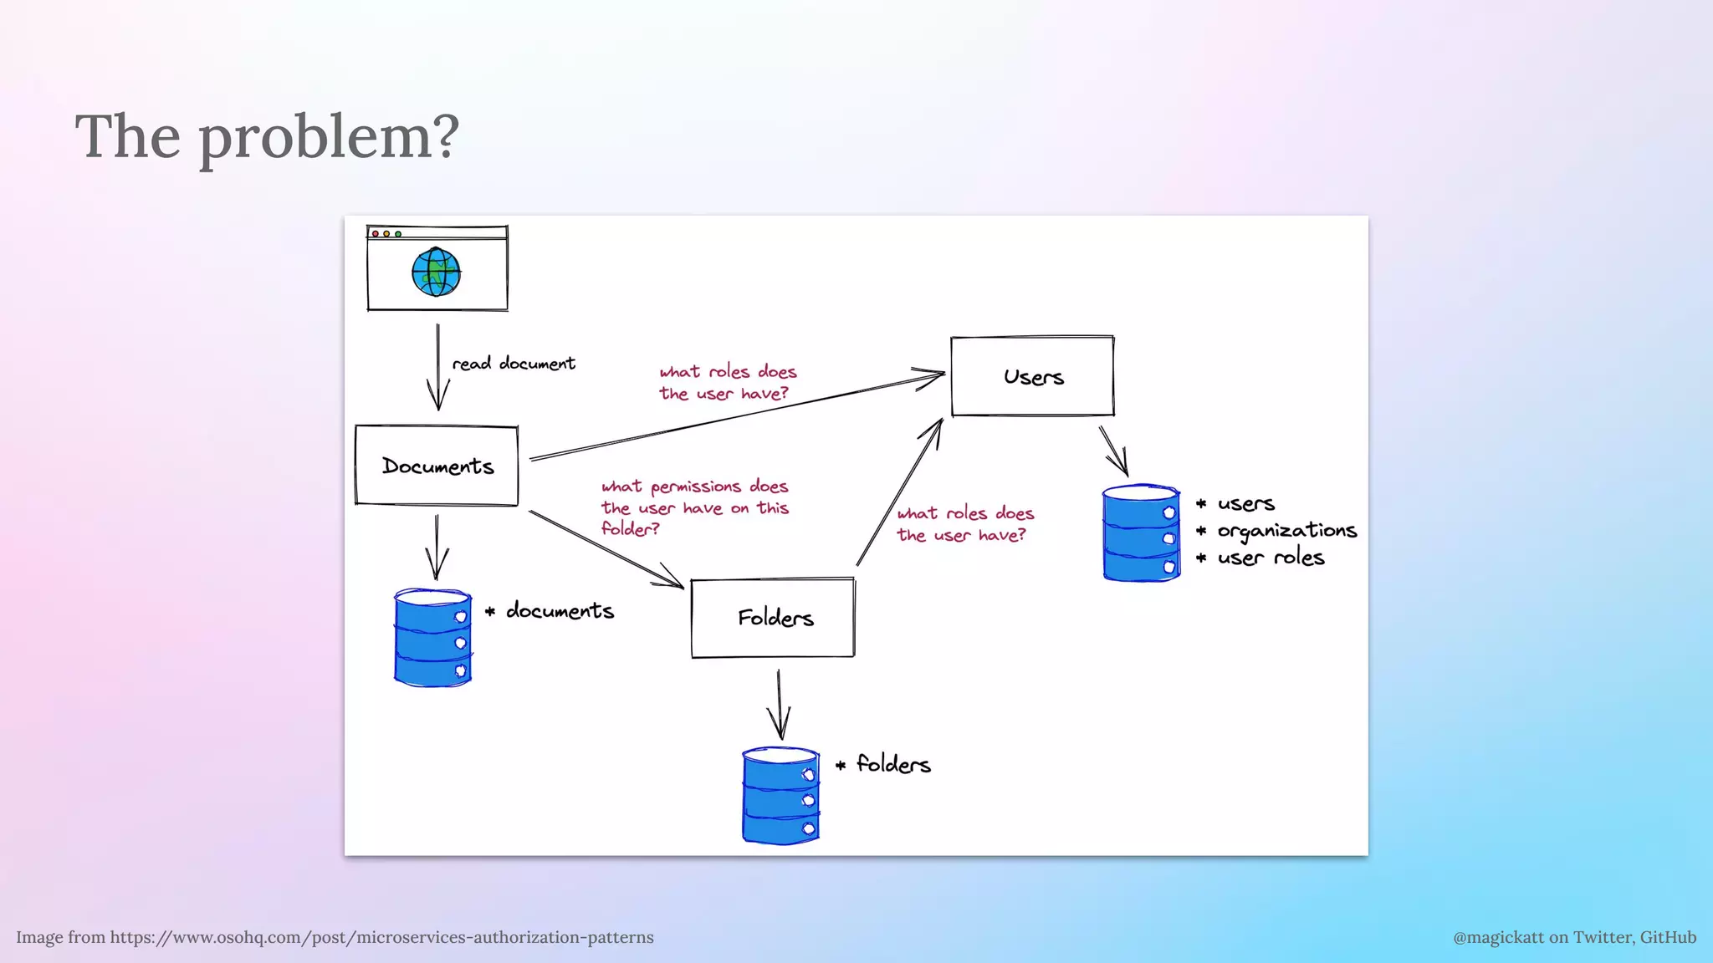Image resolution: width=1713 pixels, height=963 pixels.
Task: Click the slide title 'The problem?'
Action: point(268,136)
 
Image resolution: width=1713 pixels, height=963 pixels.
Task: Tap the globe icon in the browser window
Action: point(436,272)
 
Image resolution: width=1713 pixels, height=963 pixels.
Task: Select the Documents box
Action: point(437,466)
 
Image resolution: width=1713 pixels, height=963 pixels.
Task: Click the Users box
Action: point(1032,376)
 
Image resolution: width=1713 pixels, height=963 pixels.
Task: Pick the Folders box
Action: point(774,618)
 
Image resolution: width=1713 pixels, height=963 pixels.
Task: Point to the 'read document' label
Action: point(514,364)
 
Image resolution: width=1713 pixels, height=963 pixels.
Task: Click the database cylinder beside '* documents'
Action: point(432,638)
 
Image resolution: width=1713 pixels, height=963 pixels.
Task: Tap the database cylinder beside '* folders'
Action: point(780,796)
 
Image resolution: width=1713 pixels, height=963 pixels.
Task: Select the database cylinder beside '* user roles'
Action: point(1141,532)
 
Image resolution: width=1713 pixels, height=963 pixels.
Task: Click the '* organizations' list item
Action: point(1277,531)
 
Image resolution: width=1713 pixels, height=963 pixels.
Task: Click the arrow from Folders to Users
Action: point(899,493)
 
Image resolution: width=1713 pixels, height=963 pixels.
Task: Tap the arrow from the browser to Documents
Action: point(437,368)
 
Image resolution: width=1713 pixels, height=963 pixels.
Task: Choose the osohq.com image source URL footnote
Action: point(335,937)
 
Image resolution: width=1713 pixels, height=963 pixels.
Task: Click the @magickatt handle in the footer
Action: point(1574,937)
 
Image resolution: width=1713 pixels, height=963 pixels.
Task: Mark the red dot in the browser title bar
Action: point(376,233)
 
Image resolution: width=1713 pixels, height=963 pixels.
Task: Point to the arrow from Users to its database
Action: point(1114,451)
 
